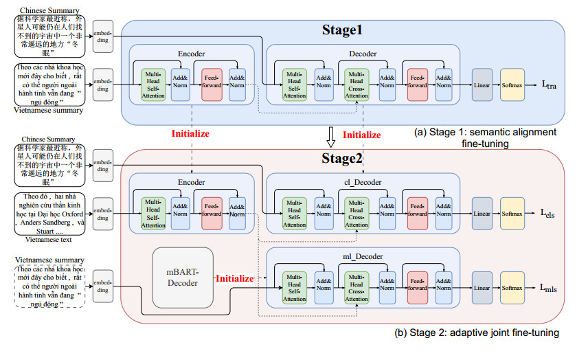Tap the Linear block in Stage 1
pos(482,85)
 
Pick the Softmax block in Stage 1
pos(512,85)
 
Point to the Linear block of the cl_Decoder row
pos(482,214)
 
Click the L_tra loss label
pos(550,85)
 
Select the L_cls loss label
pos(550,214)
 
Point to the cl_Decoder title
pos(363,182)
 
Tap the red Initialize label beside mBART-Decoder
pos(234,279)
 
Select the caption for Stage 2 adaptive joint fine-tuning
pos(477,333)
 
